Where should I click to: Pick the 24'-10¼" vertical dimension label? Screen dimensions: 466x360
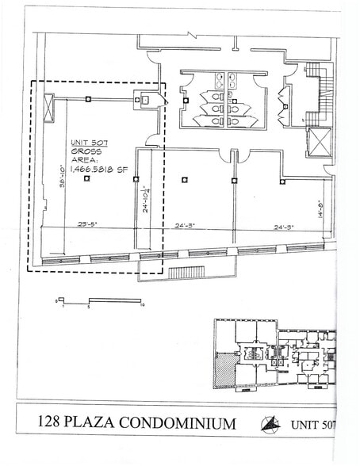pyautogui.click(x=144, y=200)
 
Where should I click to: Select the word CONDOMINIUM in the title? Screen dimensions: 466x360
pyautogui.click(x=191, y=424)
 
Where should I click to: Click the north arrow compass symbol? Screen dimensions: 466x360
pyautogui.click(x=270, y=425)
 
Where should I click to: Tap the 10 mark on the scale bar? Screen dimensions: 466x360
pyautogui.click(x=140, y=304)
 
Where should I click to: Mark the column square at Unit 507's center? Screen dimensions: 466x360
pyautogui.click(x=86, y=178)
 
